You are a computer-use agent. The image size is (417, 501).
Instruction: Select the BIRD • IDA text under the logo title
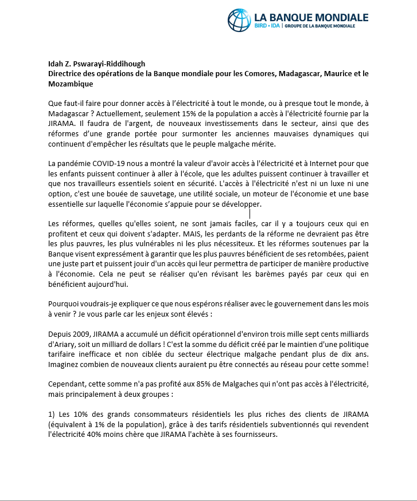pyautogui.click(x=267, y=26)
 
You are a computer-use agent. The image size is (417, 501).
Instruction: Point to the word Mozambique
pyautogui.click(x=70, y=84)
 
